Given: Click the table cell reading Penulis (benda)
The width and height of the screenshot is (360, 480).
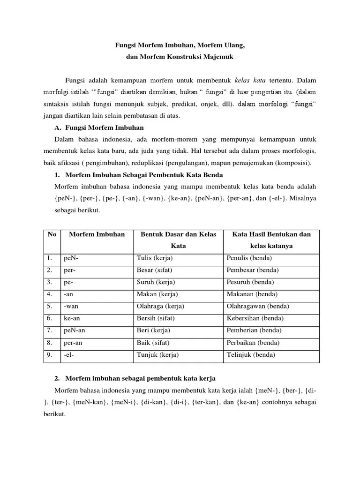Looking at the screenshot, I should pos(249,258).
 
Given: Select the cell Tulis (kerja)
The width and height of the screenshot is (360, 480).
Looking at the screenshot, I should pos(155,258).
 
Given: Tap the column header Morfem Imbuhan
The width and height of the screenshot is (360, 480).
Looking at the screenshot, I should pos(97,234).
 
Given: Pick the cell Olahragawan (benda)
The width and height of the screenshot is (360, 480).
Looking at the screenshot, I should pos(257,307).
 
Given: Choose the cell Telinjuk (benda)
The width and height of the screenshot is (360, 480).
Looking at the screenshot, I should pos(251,355).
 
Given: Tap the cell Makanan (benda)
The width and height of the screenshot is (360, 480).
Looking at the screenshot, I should pos(252,294).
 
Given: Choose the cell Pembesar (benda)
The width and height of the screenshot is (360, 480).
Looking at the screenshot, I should pos(252,270).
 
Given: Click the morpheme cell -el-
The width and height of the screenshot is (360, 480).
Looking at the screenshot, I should pos(69,355).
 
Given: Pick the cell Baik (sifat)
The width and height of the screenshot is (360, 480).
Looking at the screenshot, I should pos(153,343).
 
